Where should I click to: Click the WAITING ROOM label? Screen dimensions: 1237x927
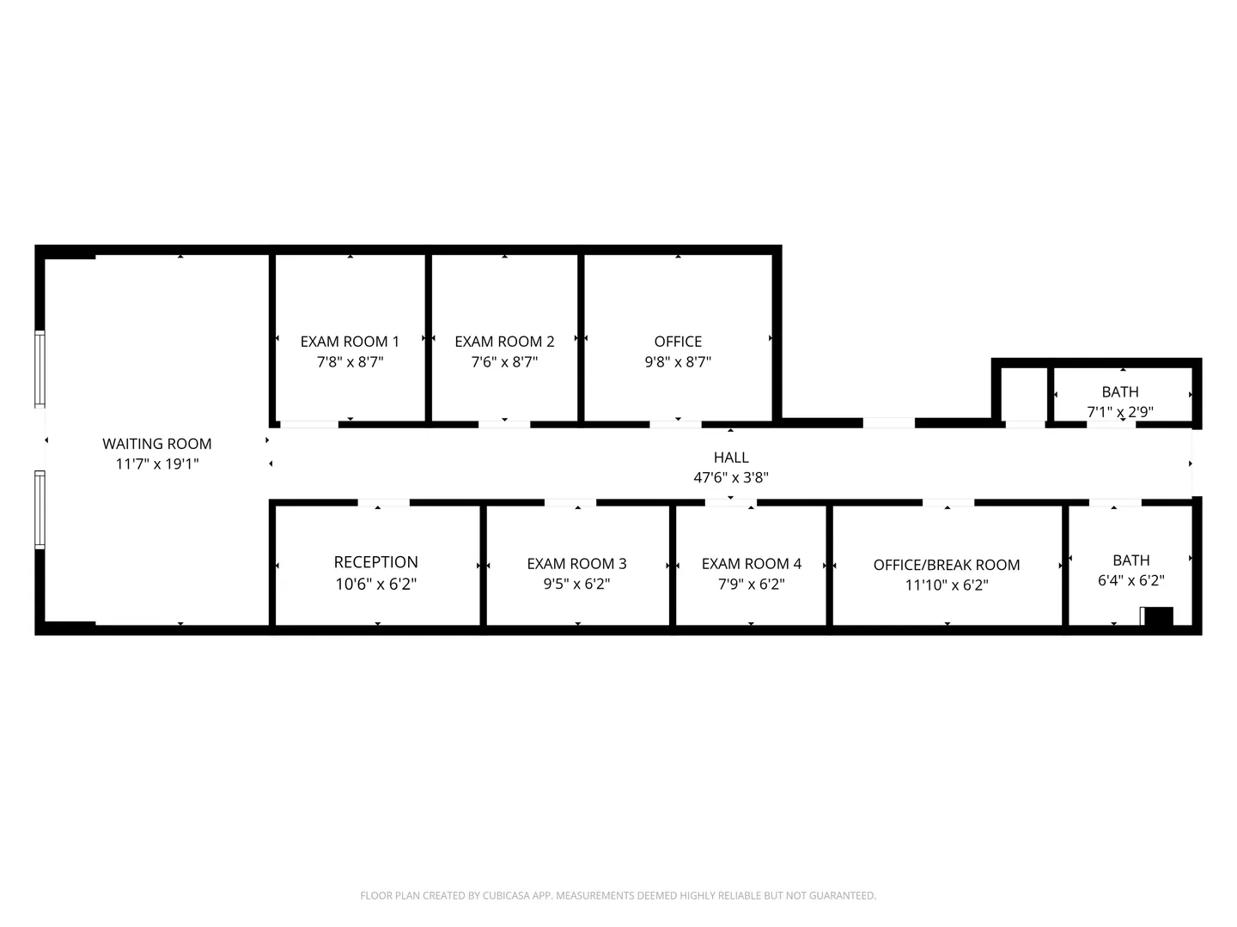pyautogui.click(x=156, y=444)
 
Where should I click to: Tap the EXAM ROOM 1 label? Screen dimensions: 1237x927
pyautogui.click(x=350, y=342)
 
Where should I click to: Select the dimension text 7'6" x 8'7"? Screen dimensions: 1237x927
pyautogui.click(x=504, y=361)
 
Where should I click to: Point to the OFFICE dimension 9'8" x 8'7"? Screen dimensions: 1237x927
pyautogui.click(x=678, y=361)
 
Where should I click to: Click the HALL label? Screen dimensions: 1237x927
pyautogui.click(x=731, y=457)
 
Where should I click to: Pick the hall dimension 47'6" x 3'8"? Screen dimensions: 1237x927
pyautogui.click(x=731, y=477)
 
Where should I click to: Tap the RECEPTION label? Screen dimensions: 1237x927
pyautogui.click(x=376, y=561)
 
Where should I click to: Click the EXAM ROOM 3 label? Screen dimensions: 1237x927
pyautogui.click(x=576, y=563)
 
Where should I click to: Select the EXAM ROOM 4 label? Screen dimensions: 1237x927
pyautogui.click(x=751, y=563)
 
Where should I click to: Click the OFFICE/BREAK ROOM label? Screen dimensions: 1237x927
pyautogui.click(x=947, y=565)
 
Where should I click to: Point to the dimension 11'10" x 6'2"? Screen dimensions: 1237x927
pyautogui.click(x=947, y=585)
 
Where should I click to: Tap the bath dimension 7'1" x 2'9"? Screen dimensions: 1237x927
pyautogui.click(x=1120, y=411)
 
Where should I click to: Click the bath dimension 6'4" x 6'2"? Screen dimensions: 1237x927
pyautogui.click(x=1131, y=580)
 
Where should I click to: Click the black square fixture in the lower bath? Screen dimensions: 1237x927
pyautogui.click(x=1159, y=615)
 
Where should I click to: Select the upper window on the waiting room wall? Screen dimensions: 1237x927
pyautogui.click(x=40, y=369)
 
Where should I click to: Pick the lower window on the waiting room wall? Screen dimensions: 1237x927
pyautogui.click(x=40, y=509)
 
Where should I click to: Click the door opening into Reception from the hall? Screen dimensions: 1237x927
pyautogui.click(x=384, y=502)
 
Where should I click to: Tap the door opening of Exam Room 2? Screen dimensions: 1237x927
pyautogui.click(x=504, y=424)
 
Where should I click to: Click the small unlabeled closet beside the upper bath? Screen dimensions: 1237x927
pyautogui.click(x=1023, y=394)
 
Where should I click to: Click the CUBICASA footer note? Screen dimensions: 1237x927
pyautogui.click(x=618, y=895)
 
